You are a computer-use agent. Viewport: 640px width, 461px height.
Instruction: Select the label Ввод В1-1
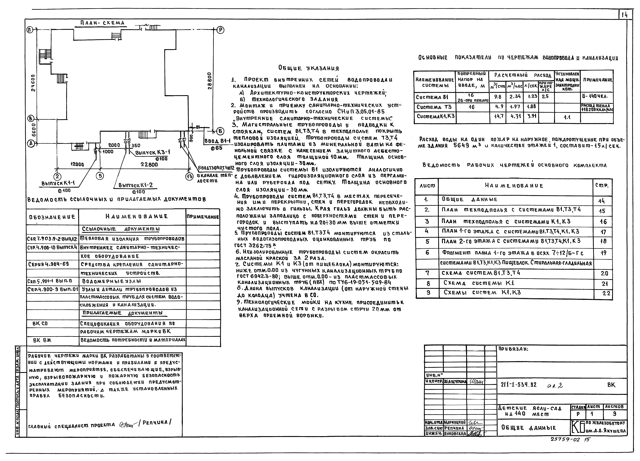click(x=214, y=141)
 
